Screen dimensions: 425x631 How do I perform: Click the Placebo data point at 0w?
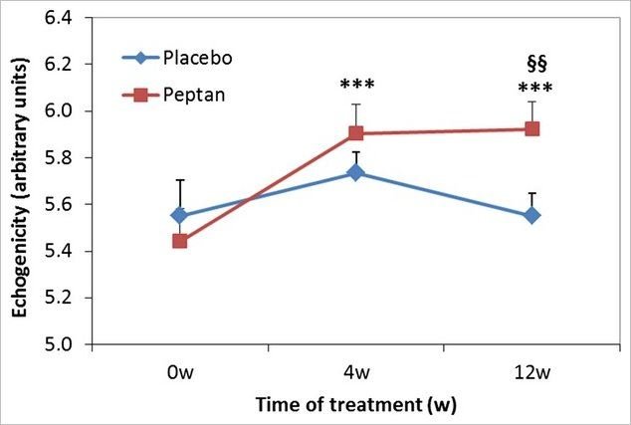click(179, 215)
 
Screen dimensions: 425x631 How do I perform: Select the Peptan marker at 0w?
click(179, 241)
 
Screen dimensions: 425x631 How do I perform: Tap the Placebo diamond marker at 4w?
click(355, 172)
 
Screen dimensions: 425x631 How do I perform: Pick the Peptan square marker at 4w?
click(355, 133)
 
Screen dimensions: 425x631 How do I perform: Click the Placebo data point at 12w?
click(532, 215)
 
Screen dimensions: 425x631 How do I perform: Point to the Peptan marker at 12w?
click(532, 128)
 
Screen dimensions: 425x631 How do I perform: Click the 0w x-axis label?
click(179, 372)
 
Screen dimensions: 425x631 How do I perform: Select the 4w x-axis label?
click(355, 372)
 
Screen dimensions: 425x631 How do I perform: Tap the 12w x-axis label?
click(532, 372)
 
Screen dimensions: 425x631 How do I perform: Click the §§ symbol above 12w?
click(536, 65)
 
